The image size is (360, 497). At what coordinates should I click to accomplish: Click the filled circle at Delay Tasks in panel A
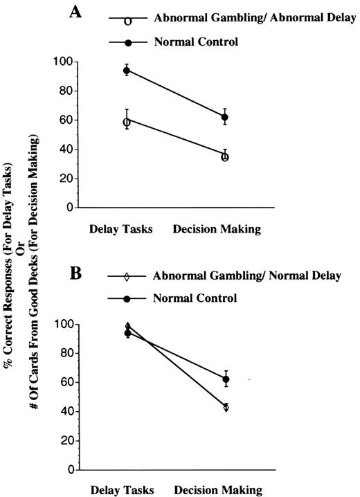pos(127,71)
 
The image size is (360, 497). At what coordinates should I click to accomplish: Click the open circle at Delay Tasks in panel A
pos(127,122)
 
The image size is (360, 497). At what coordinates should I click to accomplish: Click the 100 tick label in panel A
pos(64,62)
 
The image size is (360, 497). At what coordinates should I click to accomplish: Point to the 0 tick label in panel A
pos(69,207)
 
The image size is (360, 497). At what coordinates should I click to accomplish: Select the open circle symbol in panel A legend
pos(127,21)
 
